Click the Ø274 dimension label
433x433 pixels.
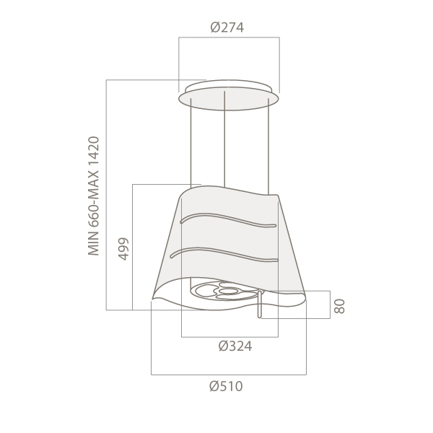click(x=227, y=27)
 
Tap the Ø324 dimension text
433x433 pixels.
click(x=235, y=346)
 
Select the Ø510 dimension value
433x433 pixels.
click(x=226, y=386)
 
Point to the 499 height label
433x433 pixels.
click(x=123, y=249)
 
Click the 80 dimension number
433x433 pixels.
click(x=339, y=306)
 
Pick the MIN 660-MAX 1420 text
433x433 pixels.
click(x=94, y=196)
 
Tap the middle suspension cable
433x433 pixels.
click(x=224, y=139)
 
